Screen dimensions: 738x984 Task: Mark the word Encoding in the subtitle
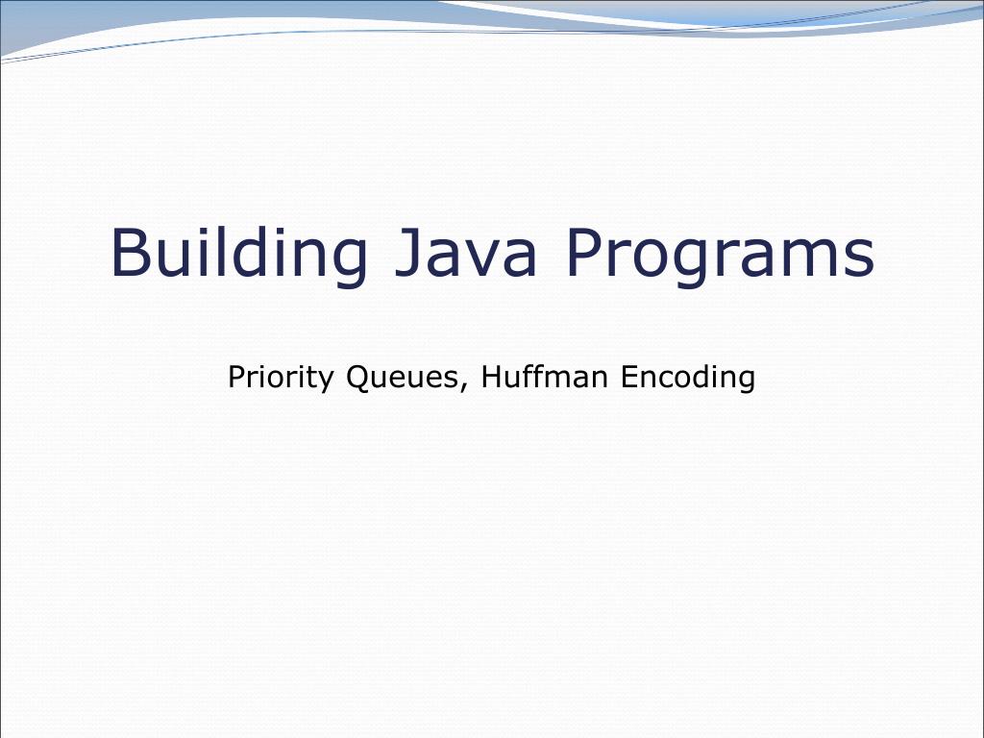pyautogui.click(x=687, y=378)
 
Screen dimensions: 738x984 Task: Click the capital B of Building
pyautogui.click(x=130, y=252)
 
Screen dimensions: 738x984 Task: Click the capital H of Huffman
pyautogui.click(x=491, y=377)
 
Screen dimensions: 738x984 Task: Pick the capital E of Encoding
pyautogui.click(x=628, y=377)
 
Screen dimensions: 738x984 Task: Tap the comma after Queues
pyautogui.click(x=466, y=387)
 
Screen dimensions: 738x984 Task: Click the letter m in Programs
pyautogui.click(x=814, y=259)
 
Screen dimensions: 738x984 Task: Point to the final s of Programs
pyautogui.click(x=860, y=259)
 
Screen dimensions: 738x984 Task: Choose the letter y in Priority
pyautogui.click(x=328, y=381)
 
